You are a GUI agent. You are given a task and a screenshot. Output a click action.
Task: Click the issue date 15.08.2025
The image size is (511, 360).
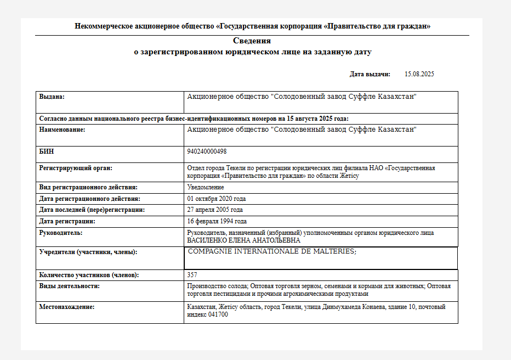419,74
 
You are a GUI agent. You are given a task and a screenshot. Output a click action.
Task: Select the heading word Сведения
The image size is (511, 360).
252,41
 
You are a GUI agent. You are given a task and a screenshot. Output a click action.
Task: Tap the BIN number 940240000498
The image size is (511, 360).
207,151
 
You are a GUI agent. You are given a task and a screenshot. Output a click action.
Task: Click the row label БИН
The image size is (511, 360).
47,151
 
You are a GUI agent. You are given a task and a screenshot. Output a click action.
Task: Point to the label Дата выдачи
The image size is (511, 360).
370,74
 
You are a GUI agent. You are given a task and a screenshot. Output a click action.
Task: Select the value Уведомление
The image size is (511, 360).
206,187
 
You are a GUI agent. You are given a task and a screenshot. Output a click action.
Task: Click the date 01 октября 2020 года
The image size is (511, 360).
216,199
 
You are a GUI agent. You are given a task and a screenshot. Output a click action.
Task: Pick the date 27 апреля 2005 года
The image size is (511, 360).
215,210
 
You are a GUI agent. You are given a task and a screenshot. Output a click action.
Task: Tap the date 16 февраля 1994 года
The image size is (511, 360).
217,221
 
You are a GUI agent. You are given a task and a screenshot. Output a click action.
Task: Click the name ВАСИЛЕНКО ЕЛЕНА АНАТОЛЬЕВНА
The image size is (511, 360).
244,240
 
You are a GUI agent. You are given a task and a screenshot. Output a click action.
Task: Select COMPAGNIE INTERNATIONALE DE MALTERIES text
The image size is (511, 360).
272,251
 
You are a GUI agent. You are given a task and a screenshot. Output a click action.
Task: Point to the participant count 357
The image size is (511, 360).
192,275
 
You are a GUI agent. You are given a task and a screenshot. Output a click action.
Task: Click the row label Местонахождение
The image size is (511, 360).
67,307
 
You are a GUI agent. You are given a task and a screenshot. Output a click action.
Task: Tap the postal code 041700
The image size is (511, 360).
218,314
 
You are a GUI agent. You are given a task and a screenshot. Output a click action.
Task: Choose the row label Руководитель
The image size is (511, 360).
61,233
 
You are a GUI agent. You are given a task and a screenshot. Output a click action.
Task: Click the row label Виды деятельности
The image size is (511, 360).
69,286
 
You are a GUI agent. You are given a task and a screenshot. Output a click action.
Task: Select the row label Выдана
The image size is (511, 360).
52,97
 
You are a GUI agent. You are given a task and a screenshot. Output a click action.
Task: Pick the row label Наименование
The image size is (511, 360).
62,130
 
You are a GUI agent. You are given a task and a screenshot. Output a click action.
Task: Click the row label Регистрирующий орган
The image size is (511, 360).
75,168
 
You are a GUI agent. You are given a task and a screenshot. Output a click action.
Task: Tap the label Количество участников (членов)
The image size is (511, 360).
88,275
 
